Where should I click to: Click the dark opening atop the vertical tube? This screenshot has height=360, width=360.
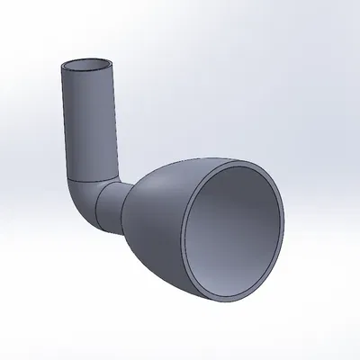tap(86, 67)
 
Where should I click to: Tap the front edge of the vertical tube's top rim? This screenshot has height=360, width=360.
tap(87, 75)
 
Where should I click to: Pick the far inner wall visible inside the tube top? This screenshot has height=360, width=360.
tap(87, 62)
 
